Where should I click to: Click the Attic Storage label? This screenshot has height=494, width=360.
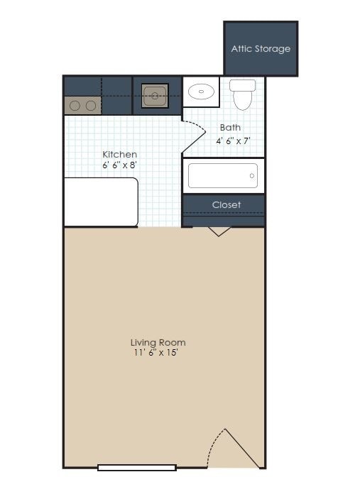pos(261,49)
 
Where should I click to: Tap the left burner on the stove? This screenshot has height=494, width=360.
pos(75,106)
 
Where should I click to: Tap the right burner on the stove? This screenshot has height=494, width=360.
pos(91,106)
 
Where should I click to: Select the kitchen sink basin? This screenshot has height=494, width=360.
pos(154,94)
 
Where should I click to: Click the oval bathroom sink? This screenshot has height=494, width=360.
pos(202,91)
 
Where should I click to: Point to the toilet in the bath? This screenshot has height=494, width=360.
pos(243,95)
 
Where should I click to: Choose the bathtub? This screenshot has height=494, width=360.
pos(223,175)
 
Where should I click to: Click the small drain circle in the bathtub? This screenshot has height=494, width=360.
pos(251,175)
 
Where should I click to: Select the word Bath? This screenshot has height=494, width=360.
pos(230,128)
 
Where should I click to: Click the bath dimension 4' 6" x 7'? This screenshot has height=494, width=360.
pos(234,141)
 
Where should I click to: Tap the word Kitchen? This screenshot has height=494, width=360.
pos(119,154)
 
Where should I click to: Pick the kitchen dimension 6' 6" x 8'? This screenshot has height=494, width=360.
pos(119,165)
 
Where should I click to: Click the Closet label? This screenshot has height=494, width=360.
pos(227,204)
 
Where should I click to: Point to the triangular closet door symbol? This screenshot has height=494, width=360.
pos(219,231)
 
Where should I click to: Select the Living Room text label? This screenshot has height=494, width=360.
pos(158,342)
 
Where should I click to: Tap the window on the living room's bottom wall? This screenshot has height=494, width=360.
pos(136,467)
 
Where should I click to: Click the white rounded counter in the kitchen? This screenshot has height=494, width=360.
pos(100,202)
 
